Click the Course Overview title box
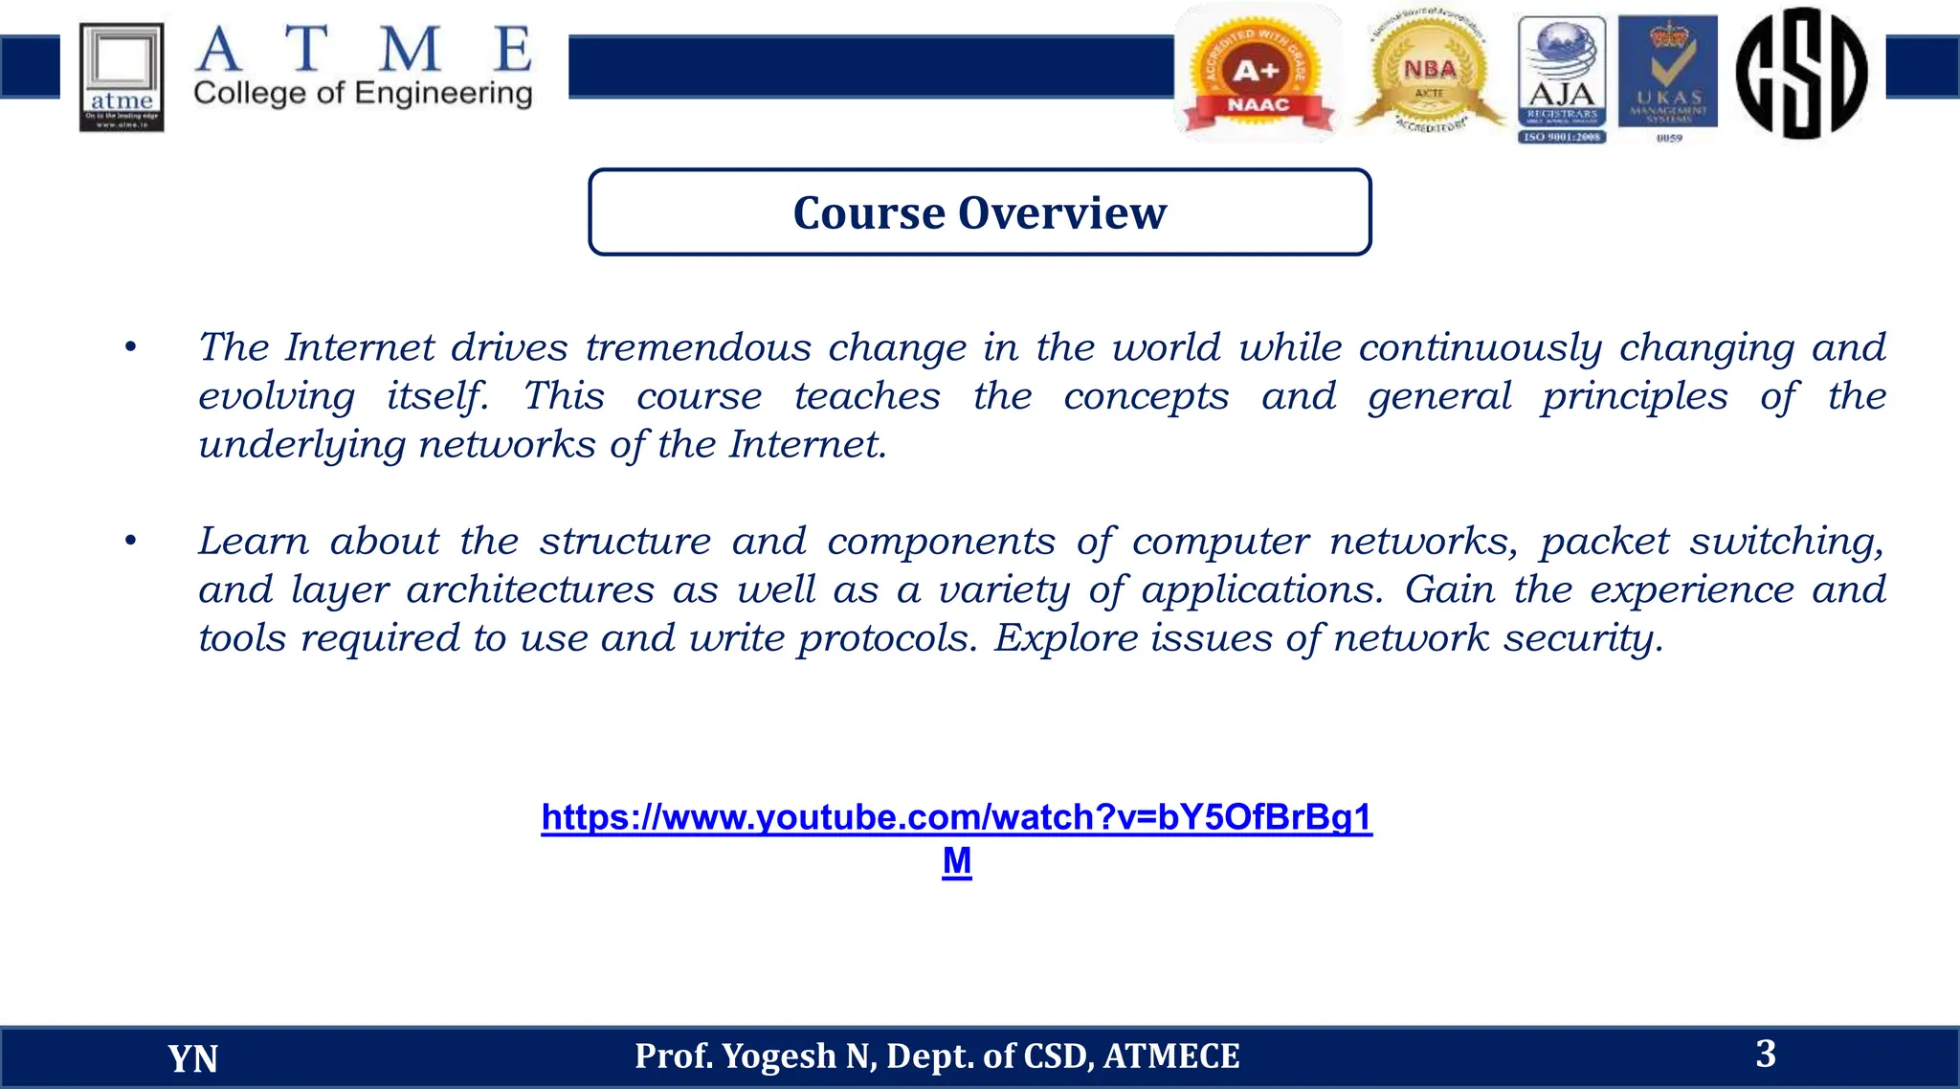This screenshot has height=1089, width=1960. [979, 212]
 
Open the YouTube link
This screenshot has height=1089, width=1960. [956, 818]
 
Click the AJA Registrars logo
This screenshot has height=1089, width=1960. [1562, 78]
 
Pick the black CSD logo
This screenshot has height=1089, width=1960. [1801, 73]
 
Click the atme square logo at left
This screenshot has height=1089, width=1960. [122, 77]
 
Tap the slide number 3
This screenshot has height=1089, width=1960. [1766, 1054]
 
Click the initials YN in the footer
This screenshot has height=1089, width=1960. [192, 1058]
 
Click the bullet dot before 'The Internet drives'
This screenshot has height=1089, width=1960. [131, 347]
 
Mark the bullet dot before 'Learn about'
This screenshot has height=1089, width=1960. [131, 542]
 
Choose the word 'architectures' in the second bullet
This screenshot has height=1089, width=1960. [530, 589]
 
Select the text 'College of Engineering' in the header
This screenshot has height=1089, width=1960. [363, 94]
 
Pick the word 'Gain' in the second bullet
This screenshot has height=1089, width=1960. [1449, 589]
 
